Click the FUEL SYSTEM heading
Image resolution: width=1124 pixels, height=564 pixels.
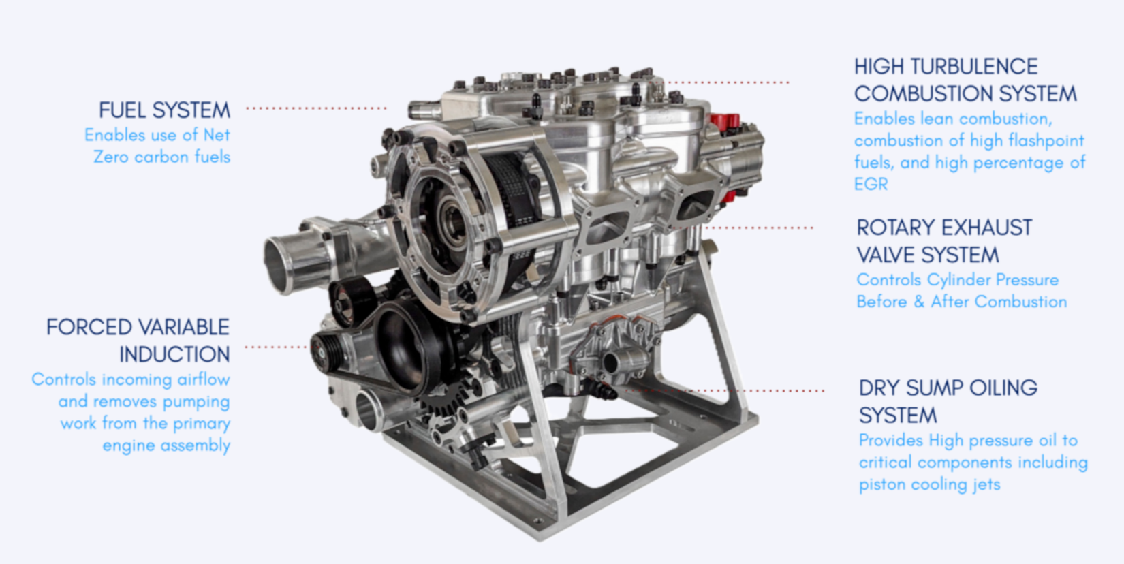[164, 110]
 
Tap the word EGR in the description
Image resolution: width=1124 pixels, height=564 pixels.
[871, 185]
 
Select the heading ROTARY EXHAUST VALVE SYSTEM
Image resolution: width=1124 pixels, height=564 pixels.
[943, 241]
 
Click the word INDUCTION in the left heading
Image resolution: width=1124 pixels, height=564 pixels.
[174, 355]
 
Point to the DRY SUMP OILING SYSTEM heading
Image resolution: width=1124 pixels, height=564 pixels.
[947, 401]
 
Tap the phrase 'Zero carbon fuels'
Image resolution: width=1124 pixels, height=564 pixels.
[161, 157]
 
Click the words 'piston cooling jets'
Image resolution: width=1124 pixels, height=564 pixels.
[929, 485]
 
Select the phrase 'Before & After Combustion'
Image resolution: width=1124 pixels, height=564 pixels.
[961, 302]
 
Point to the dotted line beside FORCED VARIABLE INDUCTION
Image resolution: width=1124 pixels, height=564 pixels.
[276, 347]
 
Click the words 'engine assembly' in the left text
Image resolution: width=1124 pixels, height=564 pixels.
[166, 445]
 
